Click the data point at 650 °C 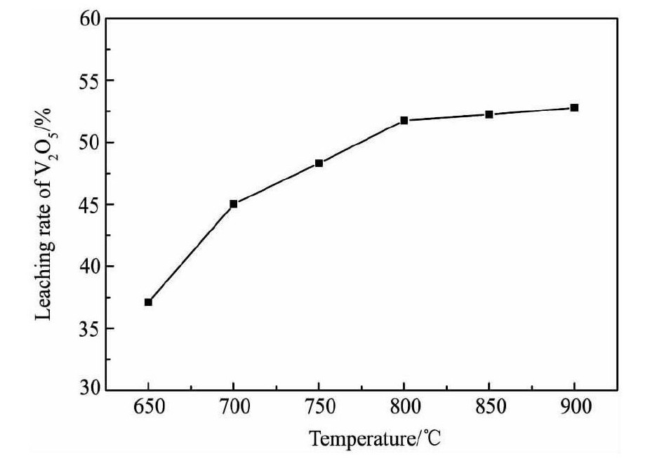148,302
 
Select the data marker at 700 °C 234,204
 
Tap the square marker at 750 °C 319,163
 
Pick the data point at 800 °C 404,121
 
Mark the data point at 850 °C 489,114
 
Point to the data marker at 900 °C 574,108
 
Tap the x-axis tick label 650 148,408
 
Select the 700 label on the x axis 234,408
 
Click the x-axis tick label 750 319,408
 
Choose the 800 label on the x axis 404,408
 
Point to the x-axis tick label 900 574,408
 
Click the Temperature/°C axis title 376,440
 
